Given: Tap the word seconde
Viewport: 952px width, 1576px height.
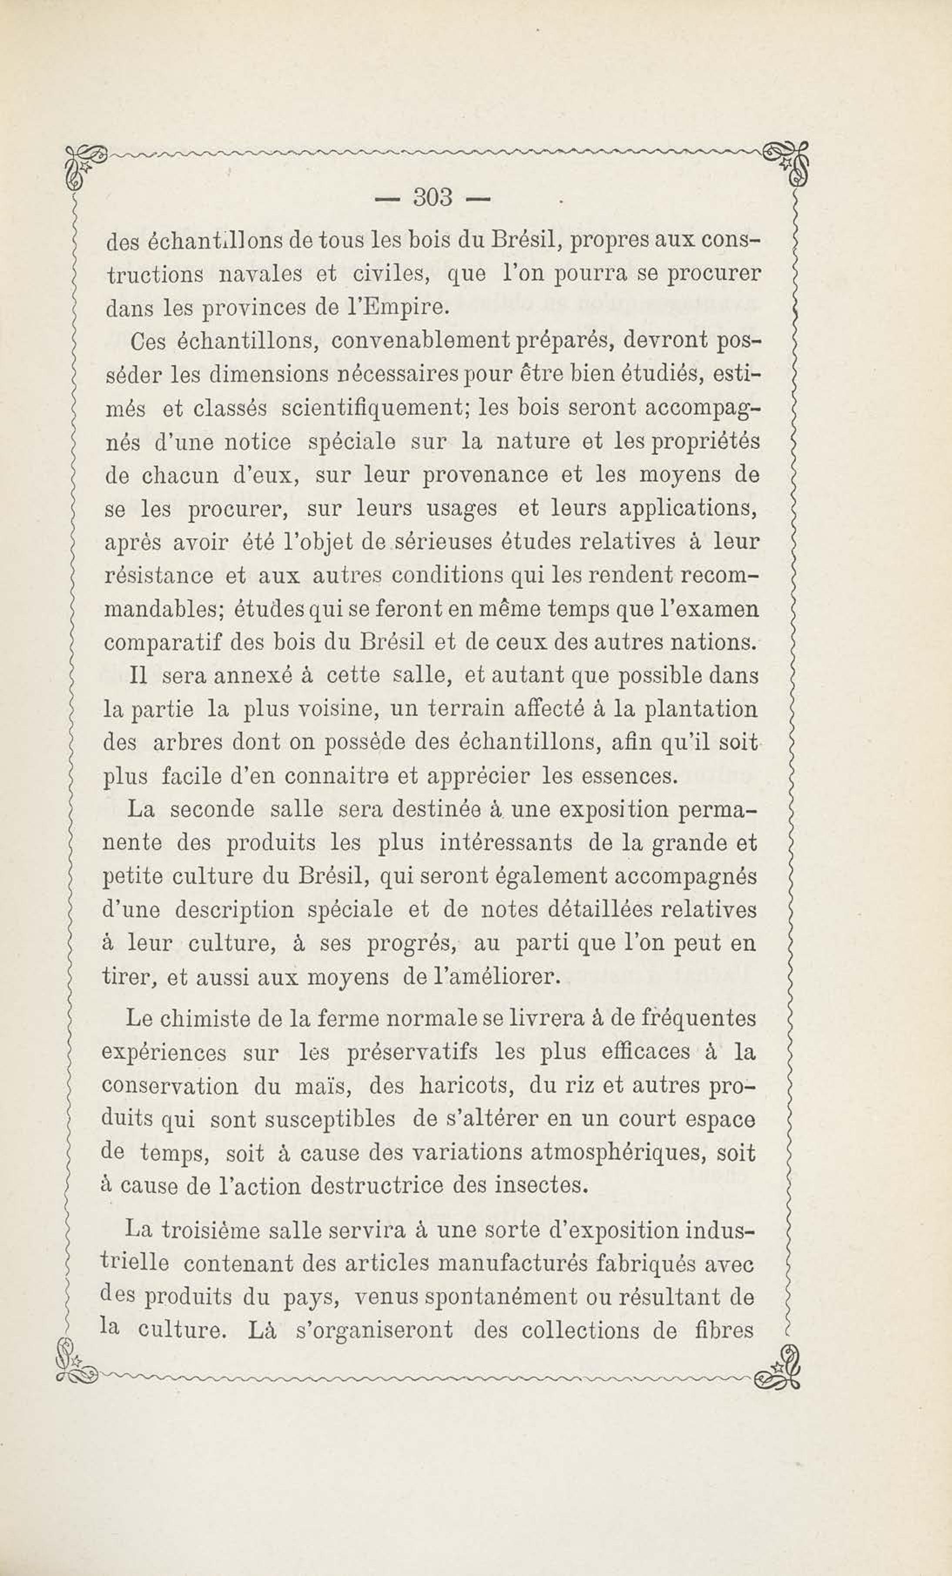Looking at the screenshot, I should tap(211, 810).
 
